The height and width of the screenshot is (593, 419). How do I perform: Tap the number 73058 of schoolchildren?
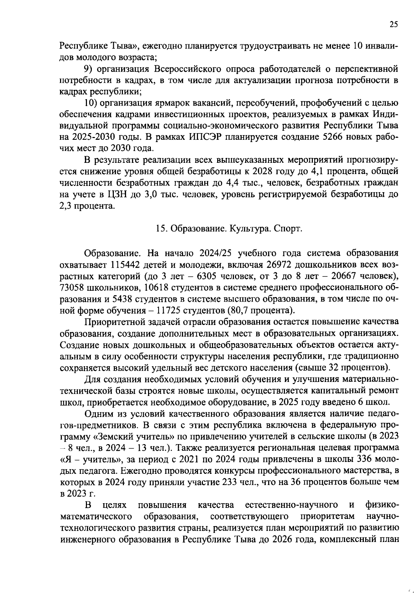click(x=74, y=288)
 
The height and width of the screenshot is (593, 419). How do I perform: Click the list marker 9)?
click(x=89, y=69)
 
